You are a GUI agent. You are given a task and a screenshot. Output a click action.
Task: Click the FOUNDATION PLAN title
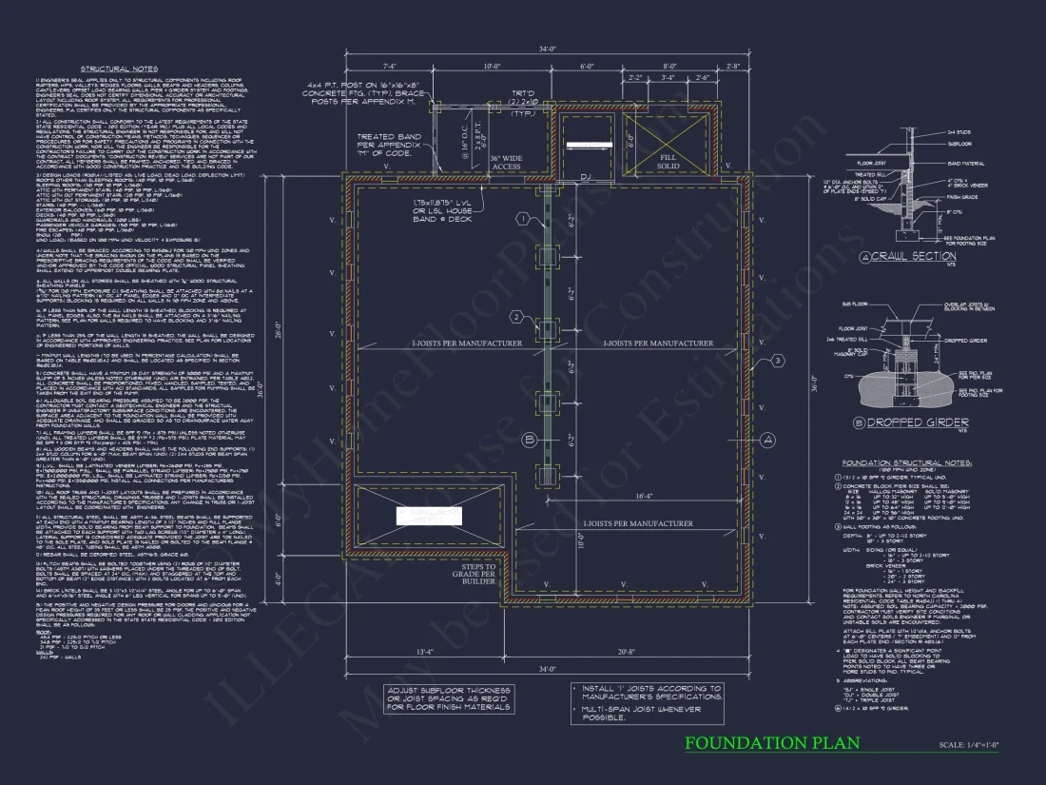coord(772,743)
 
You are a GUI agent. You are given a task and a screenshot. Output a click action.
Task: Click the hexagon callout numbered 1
coord(522,219)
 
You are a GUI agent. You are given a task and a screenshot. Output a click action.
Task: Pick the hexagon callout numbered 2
coord(516,317)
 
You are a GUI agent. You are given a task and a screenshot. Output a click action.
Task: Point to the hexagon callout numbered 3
coord(777,360)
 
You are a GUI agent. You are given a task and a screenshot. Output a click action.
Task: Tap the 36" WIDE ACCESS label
coord(506,162)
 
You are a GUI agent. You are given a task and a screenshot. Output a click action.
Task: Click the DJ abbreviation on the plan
coord(587,178)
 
